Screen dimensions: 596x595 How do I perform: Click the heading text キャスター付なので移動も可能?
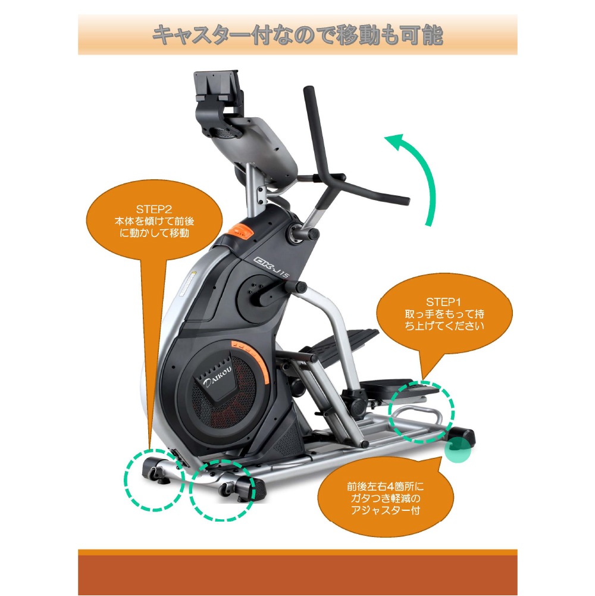(x=297, y=35)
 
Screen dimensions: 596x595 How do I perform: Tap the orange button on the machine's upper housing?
(x=239, y=229)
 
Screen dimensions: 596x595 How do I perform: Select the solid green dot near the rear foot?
(x=458, y=451)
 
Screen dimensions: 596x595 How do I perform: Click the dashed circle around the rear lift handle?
(x=421, y=411)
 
